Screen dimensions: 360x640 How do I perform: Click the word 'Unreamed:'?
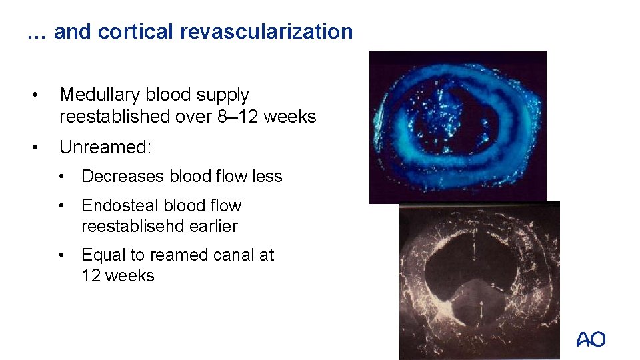click(106, 147)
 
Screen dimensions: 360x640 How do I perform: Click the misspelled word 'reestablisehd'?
click(133, 226)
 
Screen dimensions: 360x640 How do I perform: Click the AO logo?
click(591, 340)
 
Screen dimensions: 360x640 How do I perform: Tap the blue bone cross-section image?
click(458, 127)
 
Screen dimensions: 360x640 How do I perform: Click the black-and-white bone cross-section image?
click(479, 280)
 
